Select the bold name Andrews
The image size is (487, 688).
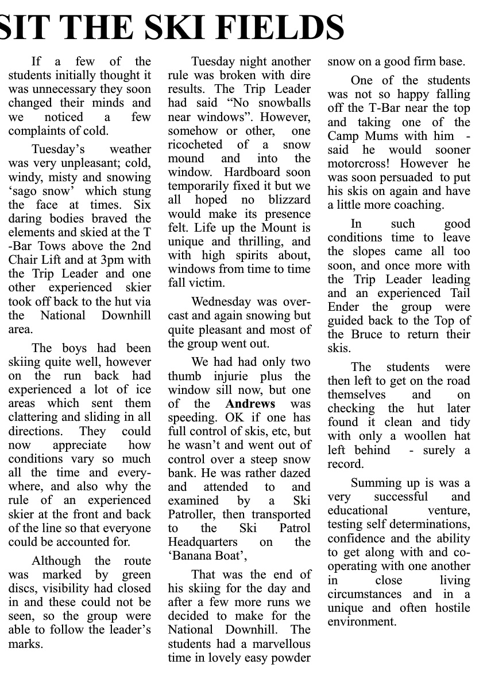250,404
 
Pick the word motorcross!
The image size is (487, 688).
359,163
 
